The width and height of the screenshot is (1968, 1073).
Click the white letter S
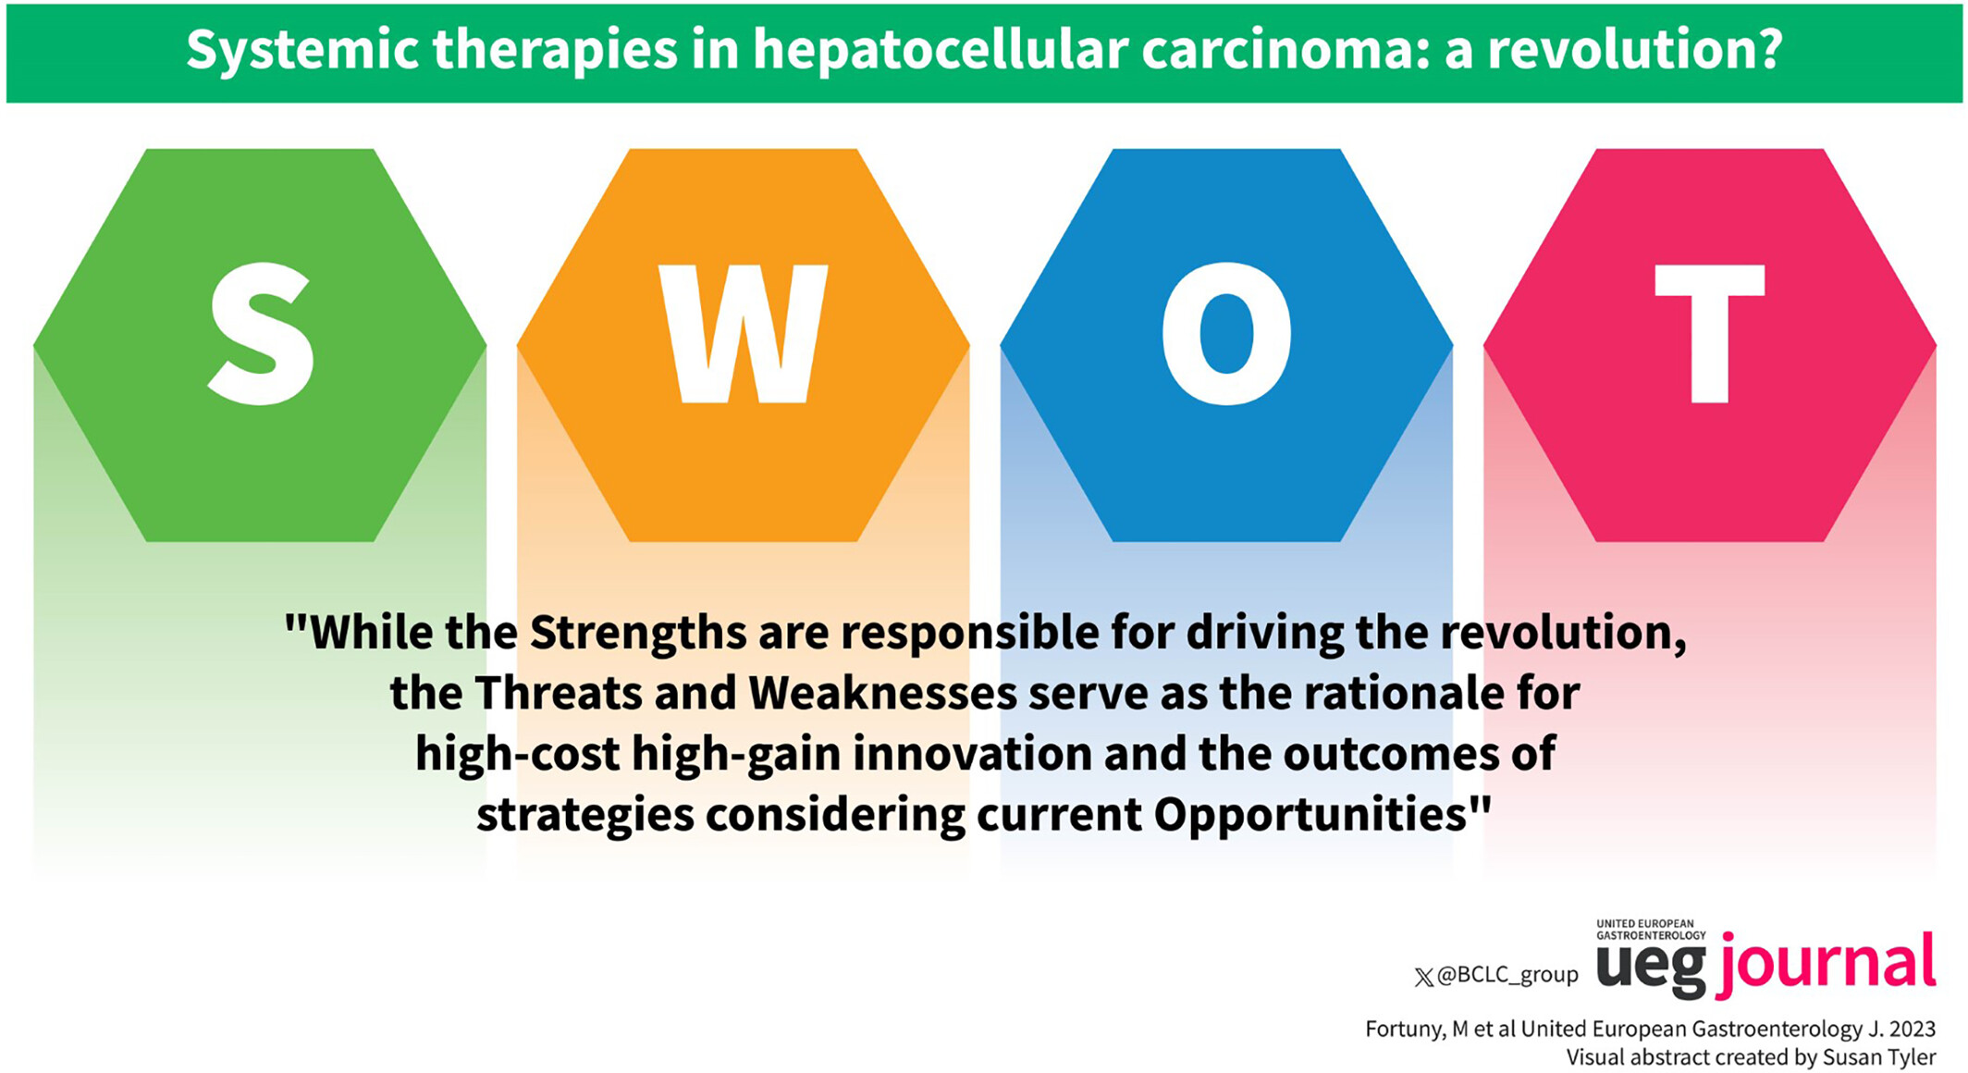[x=261, y=333]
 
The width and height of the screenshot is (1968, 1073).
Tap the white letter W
[x=743, y=334]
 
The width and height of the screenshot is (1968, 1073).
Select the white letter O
[x=1226, y=334]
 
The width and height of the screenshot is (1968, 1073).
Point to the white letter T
[x=1709, y=334]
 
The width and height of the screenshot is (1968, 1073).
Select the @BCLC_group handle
[x=1507, y=975]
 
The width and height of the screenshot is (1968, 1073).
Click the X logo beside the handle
[x=1424, y=977]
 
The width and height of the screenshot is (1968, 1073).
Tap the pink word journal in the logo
[x=1827, y=966]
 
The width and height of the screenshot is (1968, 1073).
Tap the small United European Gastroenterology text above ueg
[x=1651, y=930]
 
